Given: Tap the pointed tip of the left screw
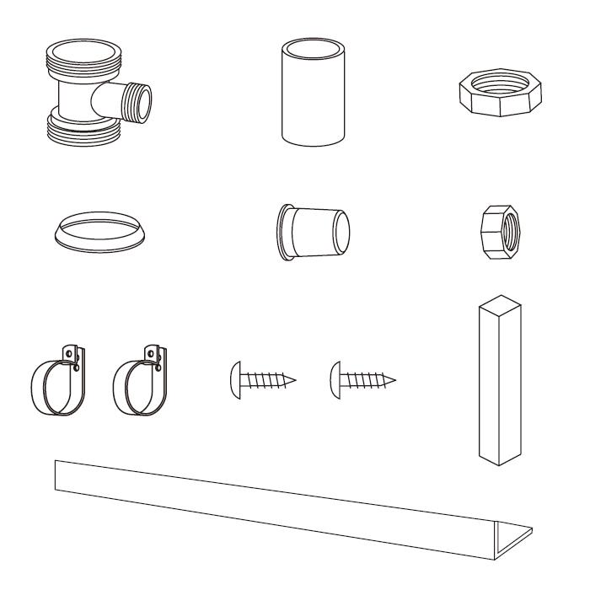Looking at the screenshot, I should point(294,381).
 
